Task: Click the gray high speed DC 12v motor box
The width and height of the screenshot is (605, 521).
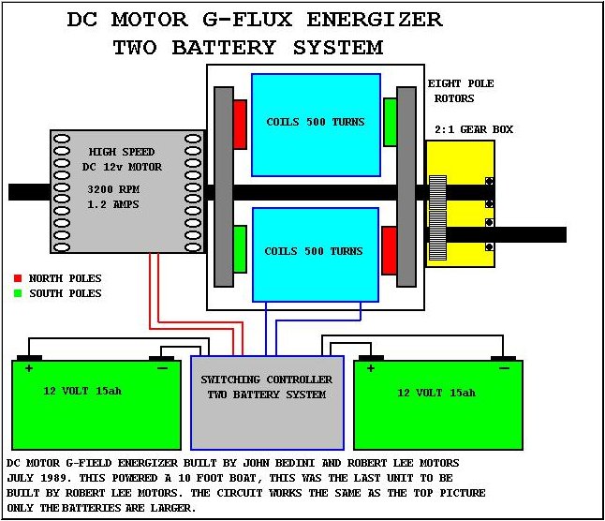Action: click(x=127, y=192)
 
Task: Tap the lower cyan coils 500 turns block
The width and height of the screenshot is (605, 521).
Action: click(x=316, y=252)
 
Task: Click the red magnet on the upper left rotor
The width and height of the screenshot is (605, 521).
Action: click(x=240, y=123)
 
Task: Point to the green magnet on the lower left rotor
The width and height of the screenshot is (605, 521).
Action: click(x=240, y=248)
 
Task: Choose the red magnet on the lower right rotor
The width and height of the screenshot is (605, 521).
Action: click(x=390, y=249)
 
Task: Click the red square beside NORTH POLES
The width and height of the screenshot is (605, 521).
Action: click(x=18, y=278)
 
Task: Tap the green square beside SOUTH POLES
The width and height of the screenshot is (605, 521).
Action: click(x=18, y=293)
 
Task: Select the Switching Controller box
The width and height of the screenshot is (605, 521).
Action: click(x=267, y=402)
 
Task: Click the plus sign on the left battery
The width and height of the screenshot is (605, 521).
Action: click(x=29, y=368)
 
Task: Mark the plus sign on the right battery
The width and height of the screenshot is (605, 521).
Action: click(x=371, y=368)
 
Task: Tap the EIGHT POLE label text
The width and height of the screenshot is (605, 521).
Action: click(x=461, y=83)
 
